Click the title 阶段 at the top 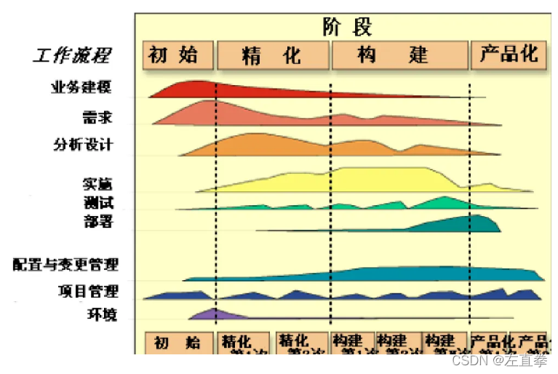pos(348,27)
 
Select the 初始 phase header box pos(178,55)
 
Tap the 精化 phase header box pos(272,55)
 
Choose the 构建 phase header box pos(399,55)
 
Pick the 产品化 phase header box pos(509,55)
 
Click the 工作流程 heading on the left pos(71,55)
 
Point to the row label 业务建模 pos(81,89)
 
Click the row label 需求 pos(98,116)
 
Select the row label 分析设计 pos(83,144)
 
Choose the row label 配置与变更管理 pos(65,264)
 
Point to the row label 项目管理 pos(87,291)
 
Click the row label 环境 pos(100,315)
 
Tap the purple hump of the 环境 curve pos(213,315)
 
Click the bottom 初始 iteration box pos(179,343)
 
